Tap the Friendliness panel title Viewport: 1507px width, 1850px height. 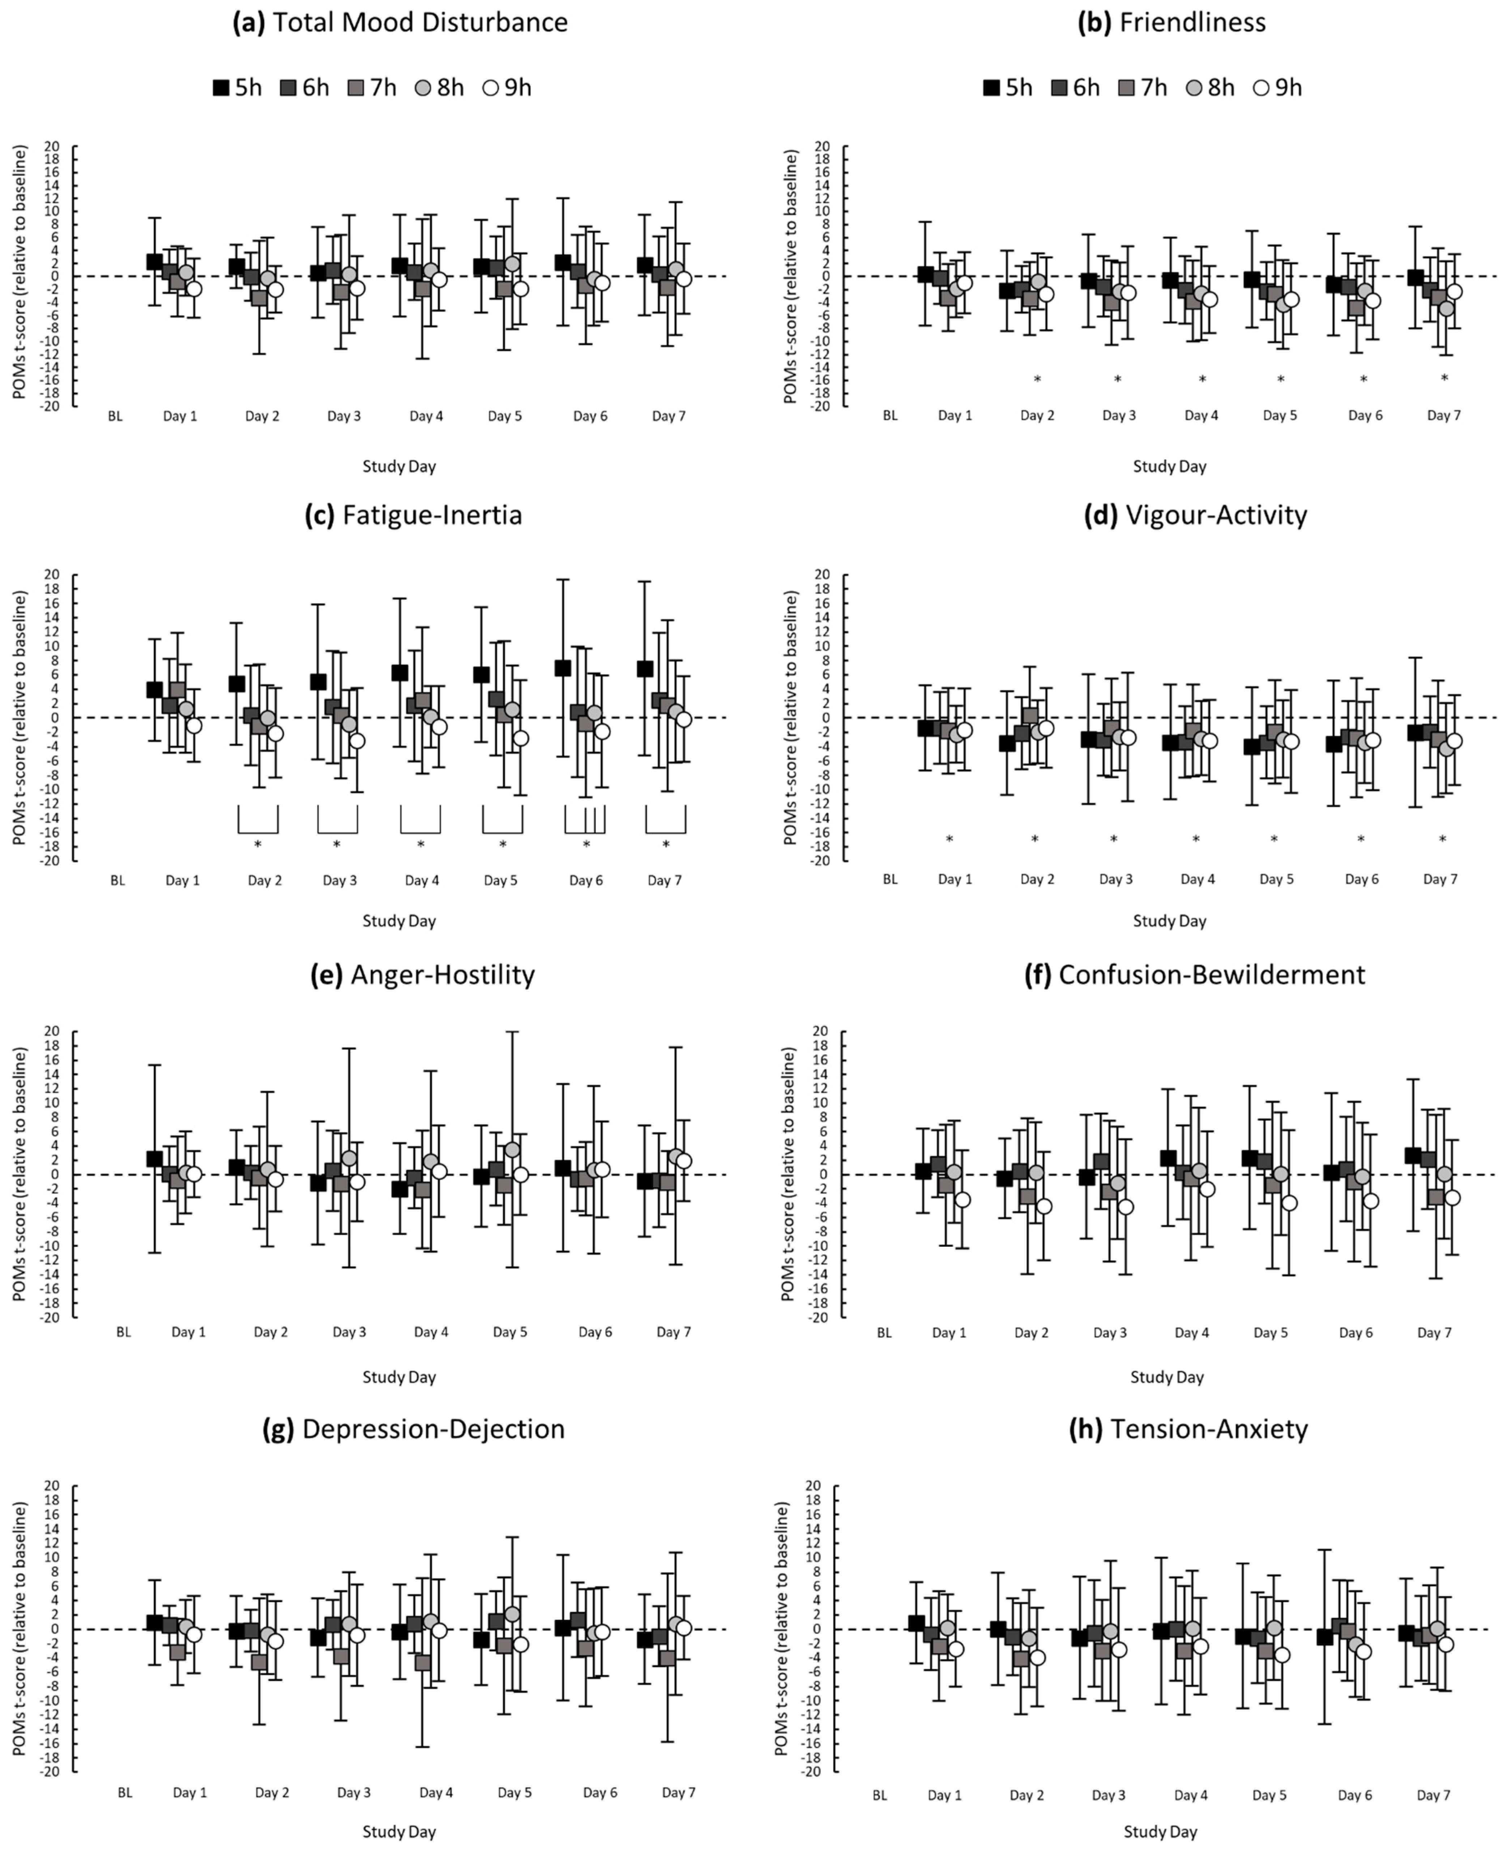point(1171,22)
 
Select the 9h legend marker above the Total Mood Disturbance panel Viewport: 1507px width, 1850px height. point(491,88)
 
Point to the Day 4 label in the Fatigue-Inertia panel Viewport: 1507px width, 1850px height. point(422,880)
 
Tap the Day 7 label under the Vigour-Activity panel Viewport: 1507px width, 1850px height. point(1440,879)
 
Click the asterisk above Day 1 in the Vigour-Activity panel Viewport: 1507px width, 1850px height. point(949,839)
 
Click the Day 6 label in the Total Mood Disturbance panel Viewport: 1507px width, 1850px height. point(590,416)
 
